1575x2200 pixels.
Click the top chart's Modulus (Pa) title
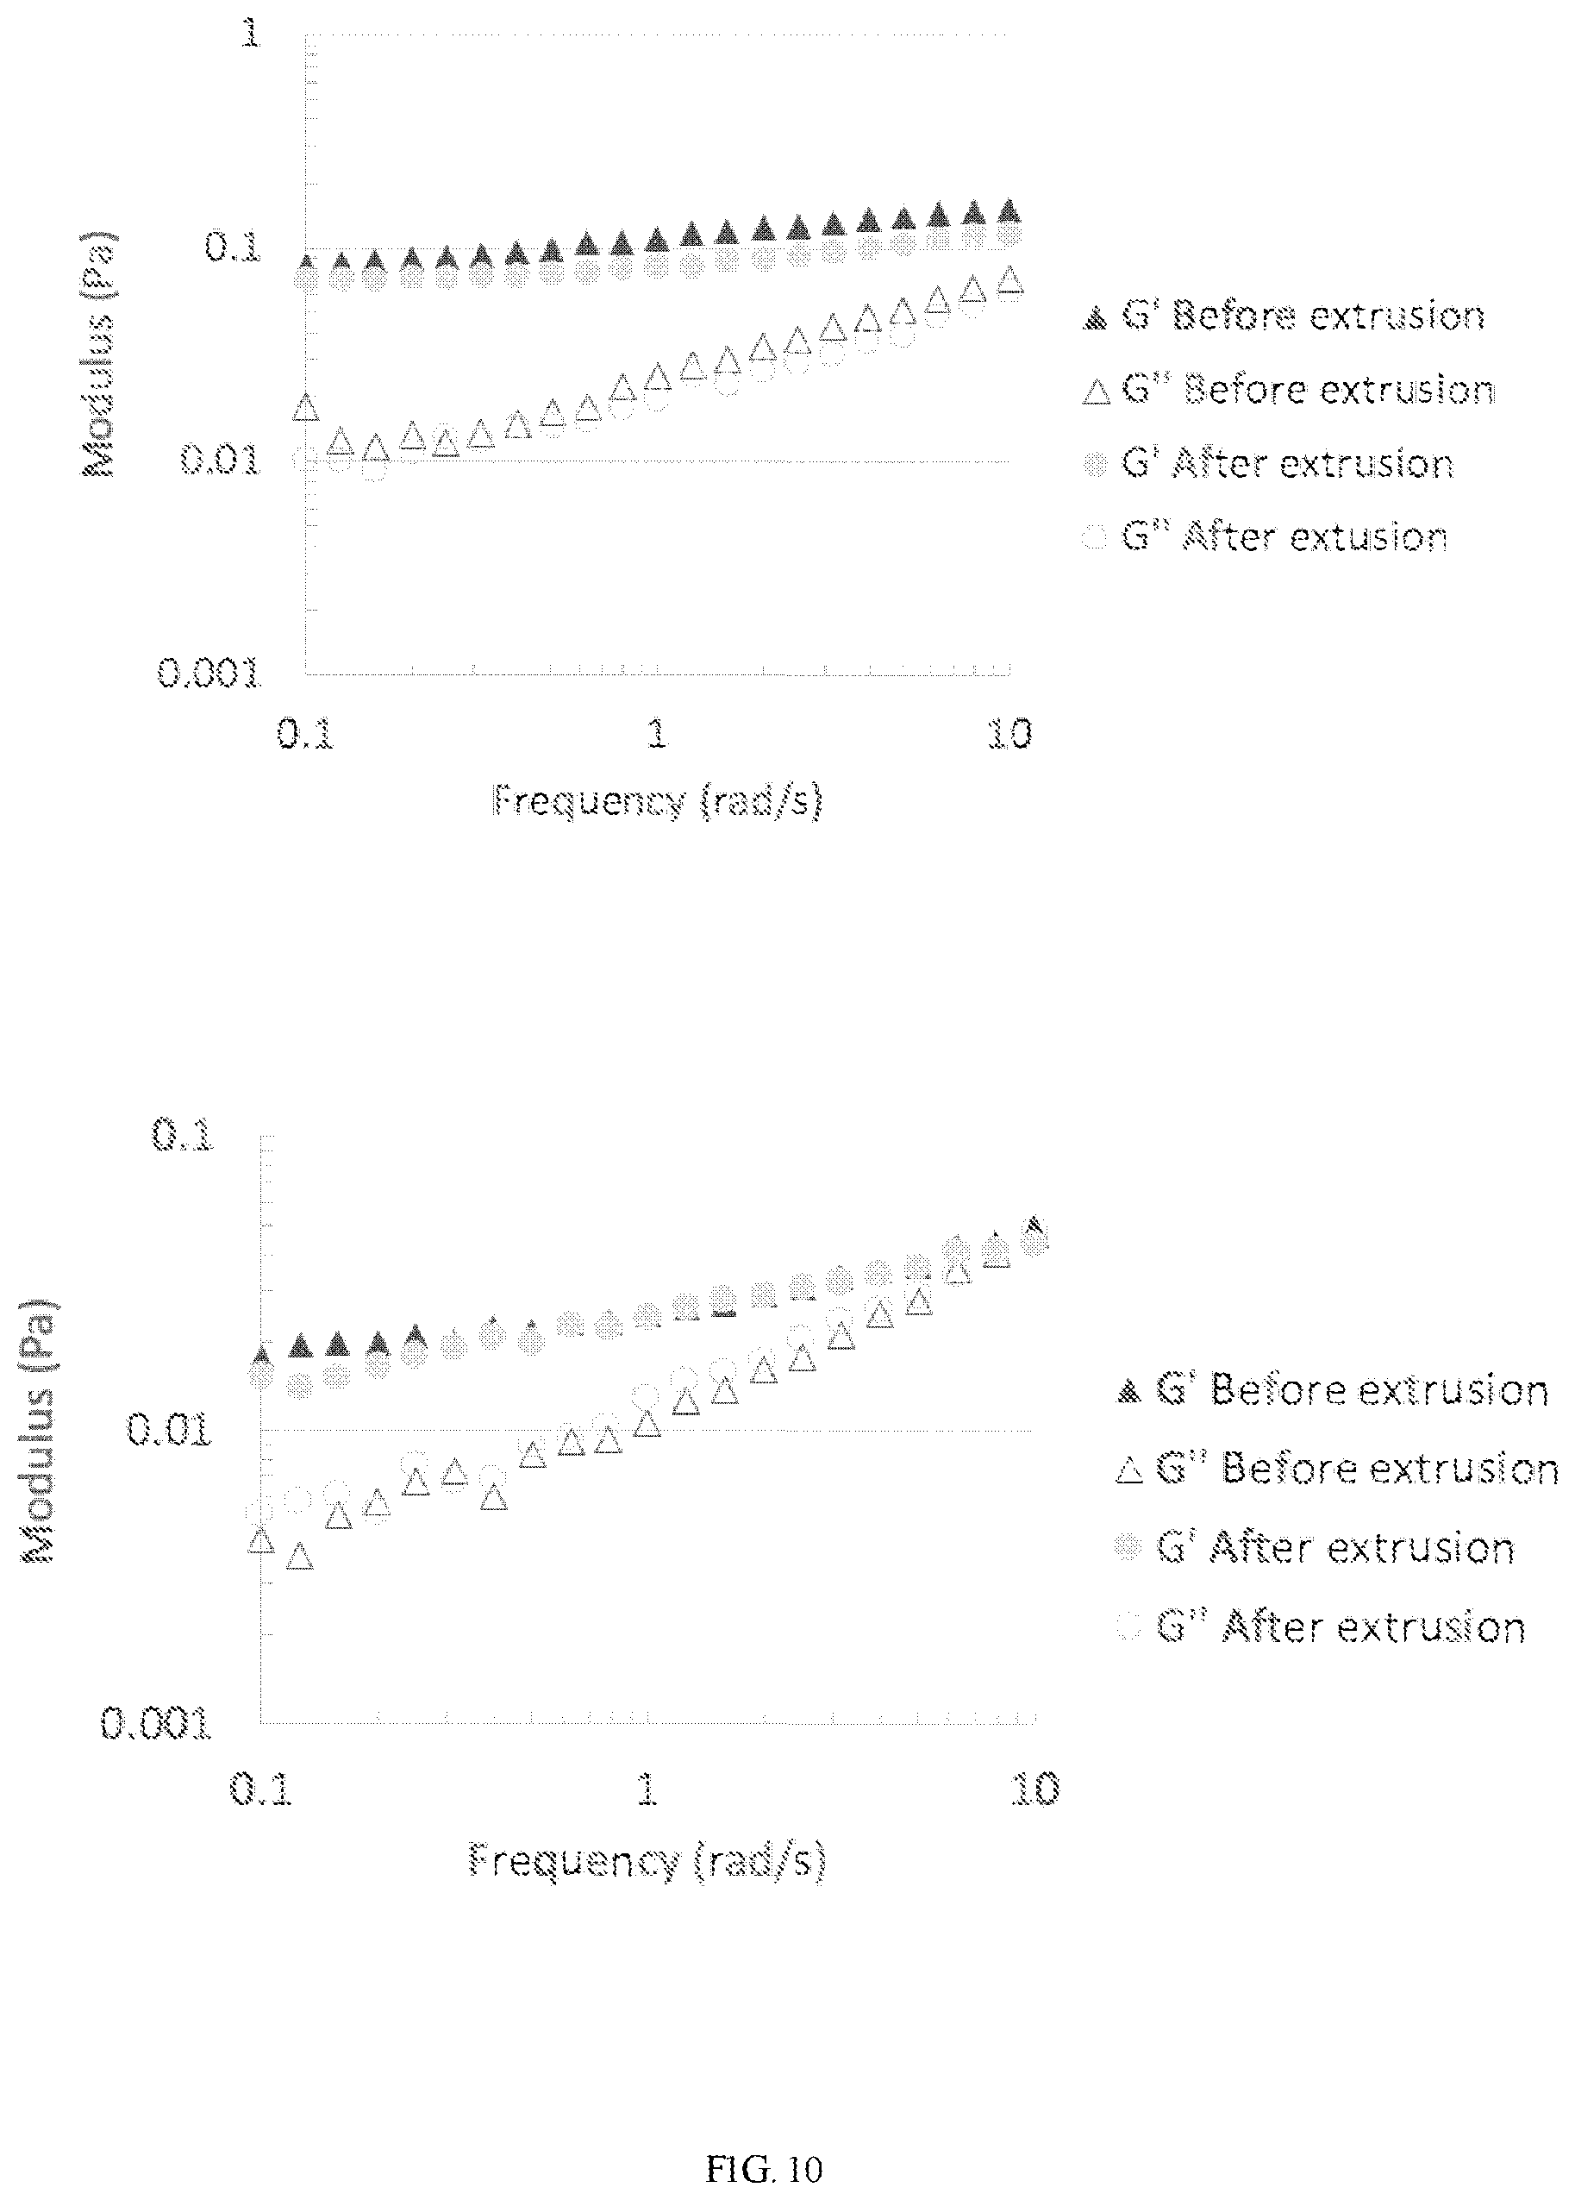coord(98,354)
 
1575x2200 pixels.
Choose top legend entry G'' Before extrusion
coord(1289,390)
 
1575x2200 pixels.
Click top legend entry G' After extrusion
coord(1269,464)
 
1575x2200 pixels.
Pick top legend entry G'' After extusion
coord(1265,536)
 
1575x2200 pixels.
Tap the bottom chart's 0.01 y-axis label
coord(170,1429)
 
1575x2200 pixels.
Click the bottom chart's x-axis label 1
coord(646,1789)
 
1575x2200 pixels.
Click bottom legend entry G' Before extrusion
coord(1334,1391)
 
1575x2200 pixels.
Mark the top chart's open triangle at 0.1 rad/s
coord(305,407)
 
